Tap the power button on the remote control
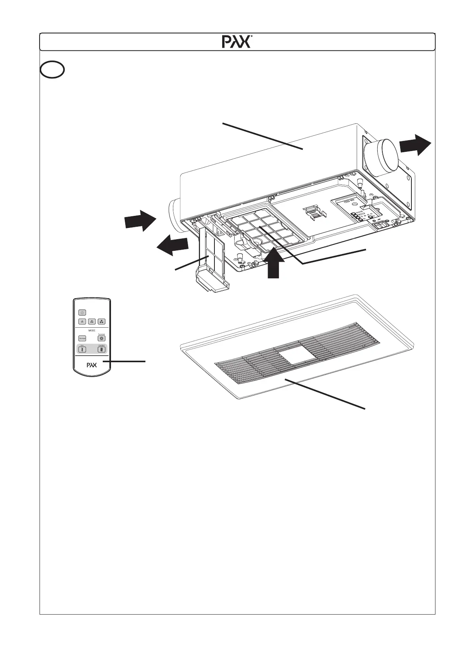(82, 312)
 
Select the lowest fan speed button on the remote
(82, 321)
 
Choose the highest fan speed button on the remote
(102, 321)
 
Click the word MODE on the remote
(92, 330)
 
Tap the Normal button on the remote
(82, 339)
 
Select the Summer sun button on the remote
(102, 338)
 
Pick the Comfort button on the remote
(102, 349)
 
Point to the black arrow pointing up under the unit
(274, 265)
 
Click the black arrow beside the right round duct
(415, 144)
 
